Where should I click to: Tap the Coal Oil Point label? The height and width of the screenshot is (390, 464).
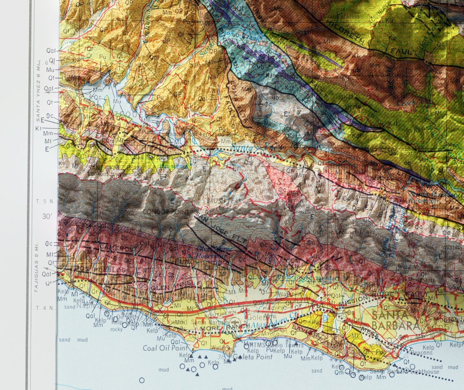165,348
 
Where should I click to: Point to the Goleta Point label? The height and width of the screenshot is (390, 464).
252,357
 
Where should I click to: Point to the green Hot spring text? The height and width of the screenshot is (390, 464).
173,166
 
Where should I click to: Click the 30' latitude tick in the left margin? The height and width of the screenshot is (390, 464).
47,217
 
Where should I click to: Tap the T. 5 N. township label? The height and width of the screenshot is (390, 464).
45,201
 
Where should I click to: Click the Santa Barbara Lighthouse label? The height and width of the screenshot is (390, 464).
404,372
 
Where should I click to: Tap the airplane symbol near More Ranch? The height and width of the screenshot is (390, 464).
235,322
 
